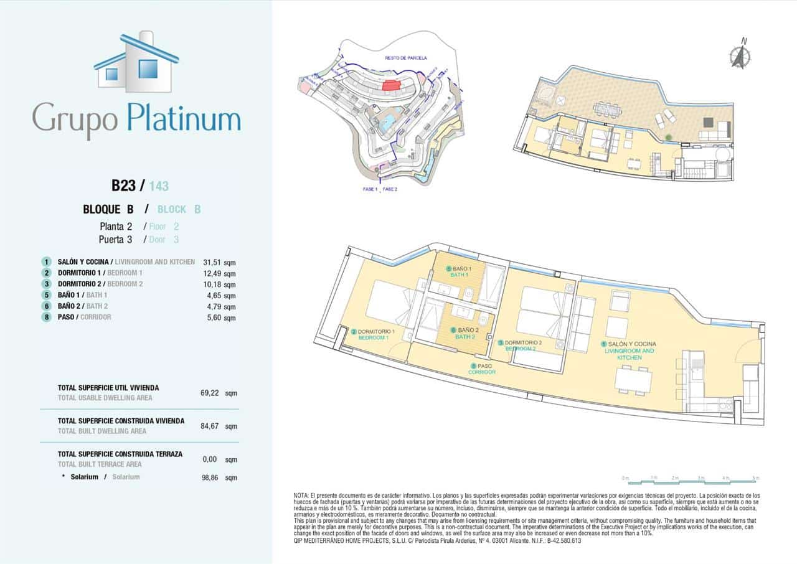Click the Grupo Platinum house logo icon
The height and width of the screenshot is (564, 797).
[x=136, y=62]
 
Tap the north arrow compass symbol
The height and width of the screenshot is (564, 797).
[x=740, y=55]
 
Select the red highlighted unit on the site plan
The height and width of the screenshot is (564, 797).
[x=391, y=85]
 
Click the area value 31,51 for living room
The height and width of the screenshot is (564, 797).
[x=212, y=263]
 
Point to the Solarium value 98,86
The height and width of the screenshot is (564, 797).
[x=212, y=477]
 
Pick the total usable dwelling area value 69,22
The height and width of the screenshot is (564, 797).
[x=212, y=393]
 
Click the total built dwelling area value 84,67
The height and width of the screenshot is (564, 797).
[x=212, y=427]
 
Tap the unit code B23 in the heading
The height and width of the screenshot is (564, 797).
[x=123, y=186]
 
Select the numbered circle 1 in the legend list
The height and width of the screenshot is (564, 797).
[x=46, y=262]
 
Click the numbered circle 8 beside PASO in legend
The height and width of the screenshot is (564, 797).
[x=46, y=317]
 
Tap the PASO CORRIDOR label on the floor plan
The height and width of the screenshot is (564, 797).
[x=482, y=369]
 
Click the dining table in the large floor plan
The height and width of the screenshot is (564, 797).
[x=633, y=380]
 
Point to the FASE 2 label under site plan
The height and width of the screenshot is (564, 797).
[x=390, y=189]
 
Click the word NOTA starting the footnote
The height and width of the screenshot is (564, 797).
[x=302, y=495]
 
